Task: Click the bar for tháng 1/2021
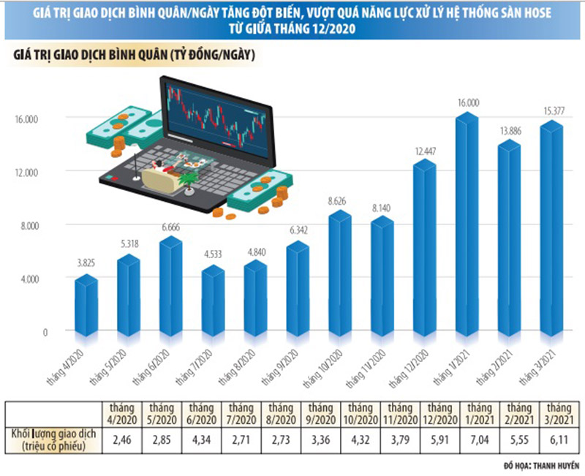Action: coord(466,227)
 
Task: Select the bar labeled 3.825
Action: coord(86,303)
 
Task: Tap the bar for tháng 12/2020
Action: coord(424,249)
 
